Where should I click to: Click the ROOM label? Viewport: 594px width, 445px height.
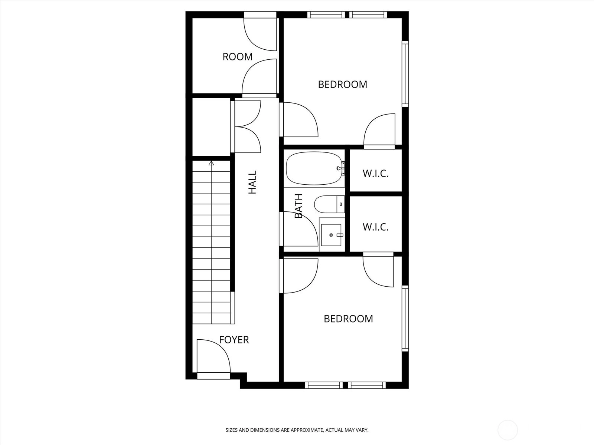tap(237, 57)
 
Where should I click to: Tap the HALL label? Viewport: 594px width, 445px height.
tap(252, 182)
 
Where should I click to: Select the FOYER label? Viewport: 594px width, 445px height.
tap(234, 340)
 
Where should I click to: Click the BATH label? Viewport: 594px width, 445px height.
tap(298, 206)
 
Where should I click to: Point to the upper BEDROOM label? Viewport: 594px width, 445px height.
tap(342, 85)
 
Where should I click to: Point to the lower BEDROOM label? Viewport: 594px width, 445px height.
tap(348, 319)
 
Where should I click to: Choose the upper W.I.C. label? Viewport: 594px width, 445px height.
tap(375, 174)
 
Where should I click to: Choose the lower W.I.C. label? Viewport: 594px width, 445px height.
tap(375, 227)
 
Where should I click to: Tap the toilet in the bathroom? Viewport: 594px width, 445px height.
tap(329, 204)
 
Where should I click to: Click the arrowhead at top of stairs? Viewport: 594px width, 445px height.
tap(211, 163)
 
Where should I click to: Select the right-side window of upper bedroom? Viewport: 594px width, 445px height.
tap(405, 73)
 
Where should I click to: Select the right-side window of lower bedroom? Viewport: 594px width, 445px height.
tap(405, 318)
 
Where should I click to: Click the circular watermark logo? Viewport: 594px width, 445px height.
tap(507, 430)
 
